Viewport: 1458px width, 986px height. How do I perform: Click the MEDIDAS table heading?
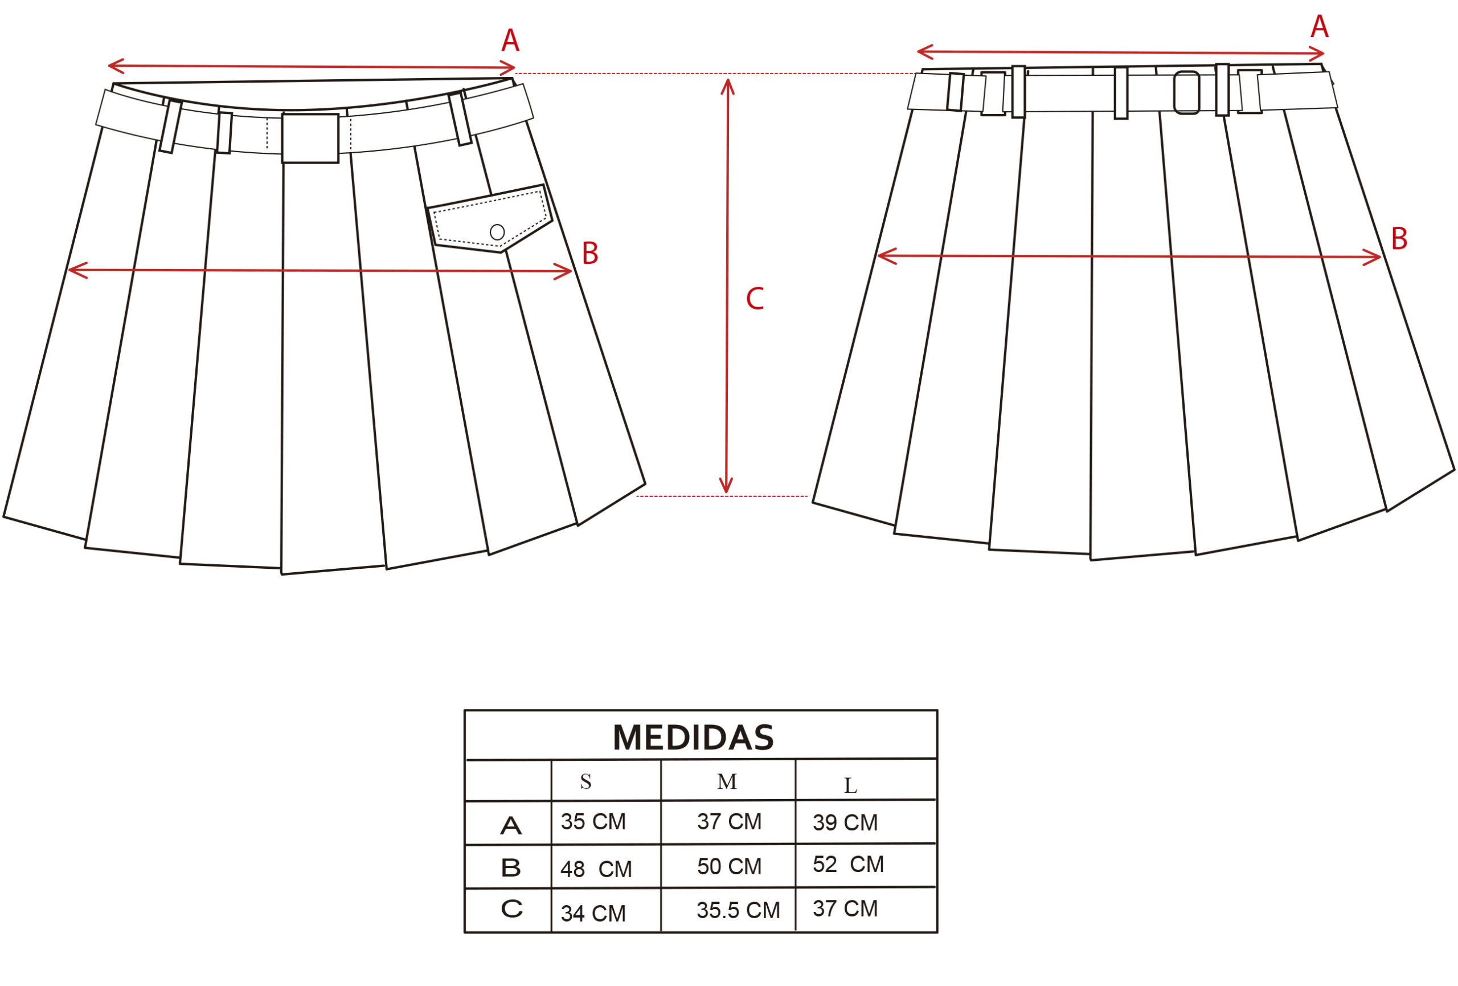[693, 738]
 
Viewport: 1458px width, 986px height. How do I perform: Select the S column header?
[585, 781]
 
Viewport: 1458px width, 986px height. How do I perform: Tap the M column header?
[727, 781]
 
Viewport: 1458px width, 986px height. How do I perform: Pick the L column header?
[850, 785]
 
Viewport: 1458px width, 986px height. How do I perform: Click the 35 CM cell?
[593, 821]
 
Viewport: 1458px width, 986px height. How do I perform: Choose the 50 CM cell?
[729, 867]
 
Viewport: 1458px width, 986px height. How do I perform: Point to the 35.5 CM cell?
[738, 910]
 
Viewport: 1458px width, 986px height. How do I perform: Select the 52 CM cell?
[848, 864]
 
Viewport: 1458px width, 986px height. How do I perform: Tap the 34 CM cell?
[593, 914]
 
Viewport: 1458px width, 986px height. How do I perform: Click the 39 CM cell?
[845, 823]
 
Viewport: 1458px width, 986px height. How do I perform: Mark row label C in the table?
[512, 909]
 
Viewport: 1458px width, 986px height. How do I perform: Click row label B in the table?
[511, 868]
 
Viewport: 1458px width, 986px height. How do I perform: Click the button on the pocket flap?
[497, 232]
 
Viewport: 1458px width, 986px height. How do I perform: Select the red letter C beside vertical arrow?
[755, 299]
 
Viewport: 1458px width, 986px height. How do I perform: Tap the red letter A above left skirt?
[510, 41]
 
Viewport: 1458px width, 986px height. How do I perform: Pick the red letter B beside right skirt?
[1399, 238]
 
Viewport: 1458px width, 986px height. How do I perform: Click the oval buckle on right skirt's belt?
[1186, 93]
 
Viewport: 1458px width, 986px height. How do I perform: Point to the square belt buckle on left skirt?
[310, 138]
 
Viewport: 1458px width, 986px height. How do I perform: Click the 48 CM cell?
[596, 869]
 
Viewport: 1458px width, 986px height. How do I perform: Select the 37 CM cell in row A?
[729, 821]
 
